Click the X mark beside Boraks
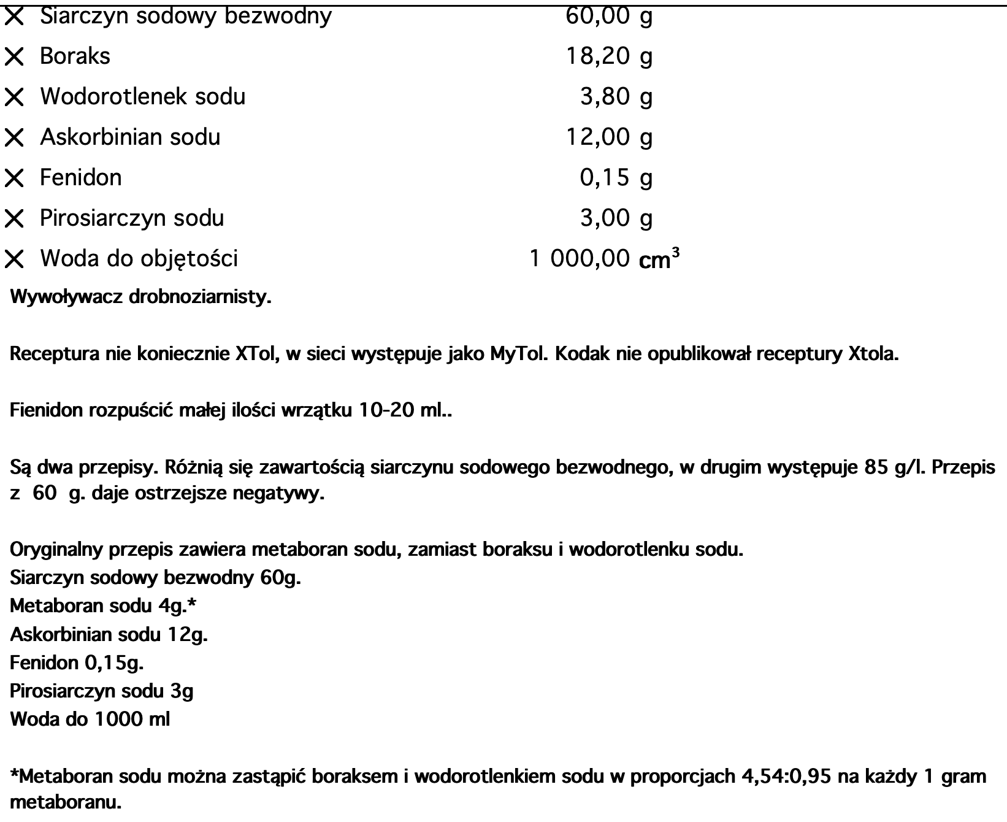[14, 57]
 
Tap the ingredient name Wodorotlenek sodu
[143, 97]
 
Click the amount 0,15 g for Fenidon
[616, 178]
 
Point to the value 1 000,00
[579, 259]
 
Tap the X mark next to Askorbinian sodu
[14, 138]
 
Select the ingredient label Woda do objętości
[139, 259]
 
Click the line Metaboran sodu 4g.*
[103, 606]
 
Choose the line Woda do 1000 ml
[90, 719]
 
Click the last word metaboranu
[66, 802]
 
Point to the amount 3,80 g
[616, 97]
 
